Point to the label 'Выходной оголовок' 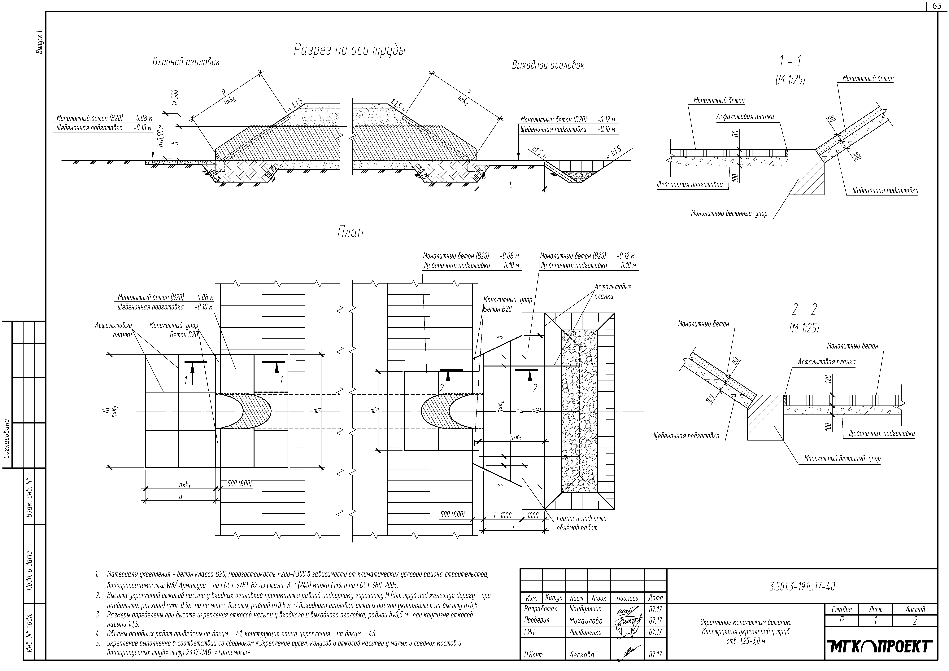(548, 65)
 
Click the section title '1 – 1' (790, 61)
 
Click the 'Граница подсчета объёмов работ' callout (581, 523)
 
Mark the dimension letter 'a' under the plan (181, 497)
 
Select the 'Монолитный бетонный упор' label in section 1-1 (729, 214)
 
